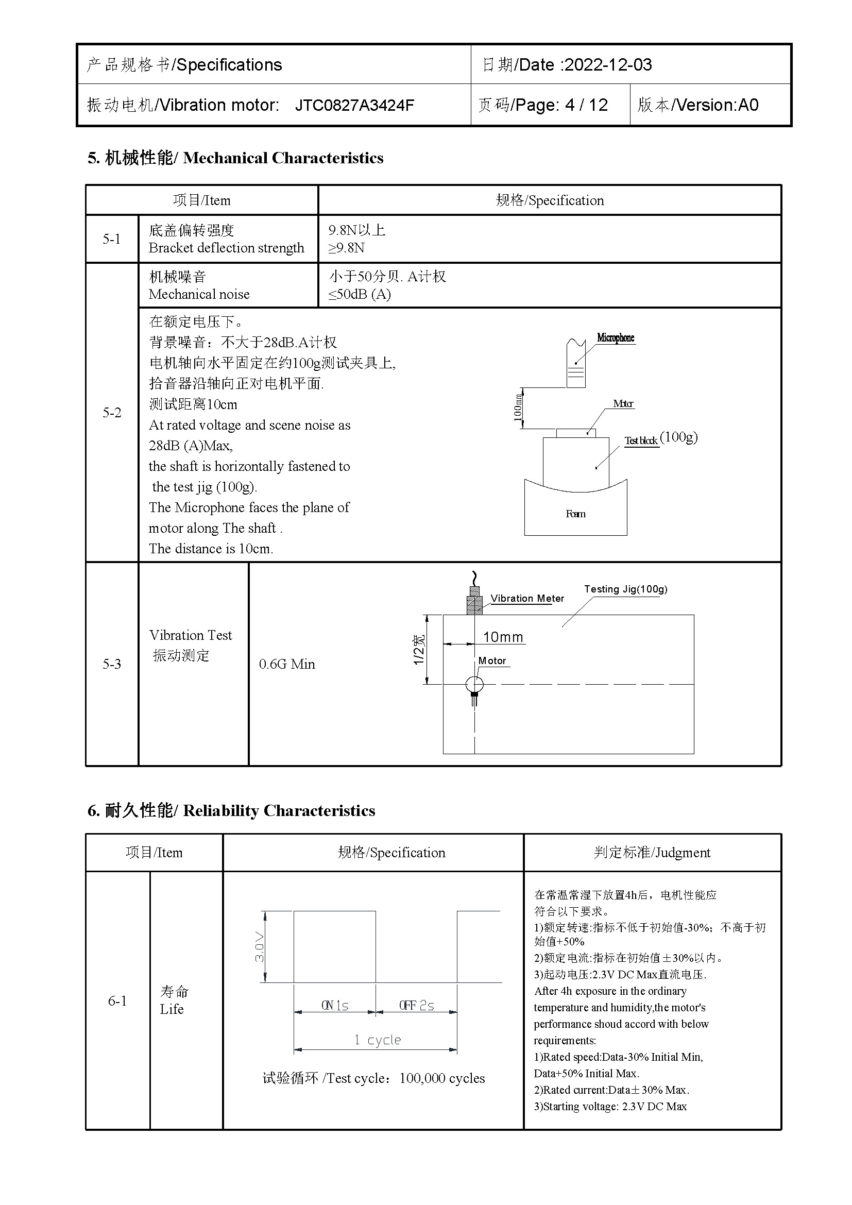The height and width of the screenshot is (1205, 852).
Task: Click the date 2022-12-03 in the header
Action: (607, 64)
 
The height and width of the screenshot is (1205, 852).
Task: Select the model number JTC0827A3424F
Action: (354, 105)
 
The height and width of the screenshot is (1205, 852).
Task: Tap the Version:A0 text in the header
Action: (717, 105)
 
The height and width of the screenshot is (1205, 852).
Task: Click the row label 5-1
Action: (111, 239)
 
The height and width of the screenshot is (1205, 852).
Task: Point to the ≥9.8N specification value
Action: (346, 248)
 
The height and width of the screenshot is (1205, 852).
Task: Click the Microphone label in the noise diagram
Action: (616, 337)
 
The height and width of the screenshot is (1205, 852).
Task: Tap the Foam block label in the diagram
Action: (575, 514)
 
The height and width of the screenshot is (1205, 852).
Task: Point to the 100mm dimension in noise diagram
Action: (518, 408)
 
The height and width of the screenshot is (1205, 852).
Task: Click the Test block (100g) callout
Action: (660, 439)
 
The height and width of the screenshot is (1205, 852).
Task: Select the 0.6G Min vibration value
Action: (287, 664)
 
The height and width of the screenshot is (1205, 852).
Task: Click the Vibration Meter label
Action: (527, 598)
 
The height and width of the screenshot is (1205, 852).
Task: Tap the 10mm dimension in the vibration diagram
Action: (503, 637)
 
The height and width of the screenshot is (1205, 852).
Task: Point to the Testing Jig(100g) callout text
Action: (625, 589)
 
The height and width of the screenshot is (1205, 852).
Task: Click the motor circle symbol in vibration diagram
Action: (474, 684)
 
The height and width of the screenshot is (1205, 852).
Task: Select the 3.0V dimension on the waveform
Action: (260, 946)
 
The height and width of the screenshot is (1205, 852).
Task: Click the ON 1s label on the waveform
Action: (335, 1006)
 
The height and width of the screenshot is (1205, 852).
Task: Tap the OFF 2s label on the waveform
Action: (417, 1006)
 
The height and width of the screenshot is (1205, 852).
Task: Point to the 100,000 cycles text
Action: (442, 1078)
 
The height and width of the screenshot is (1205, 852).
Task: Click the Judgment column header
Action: (652, 852)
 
